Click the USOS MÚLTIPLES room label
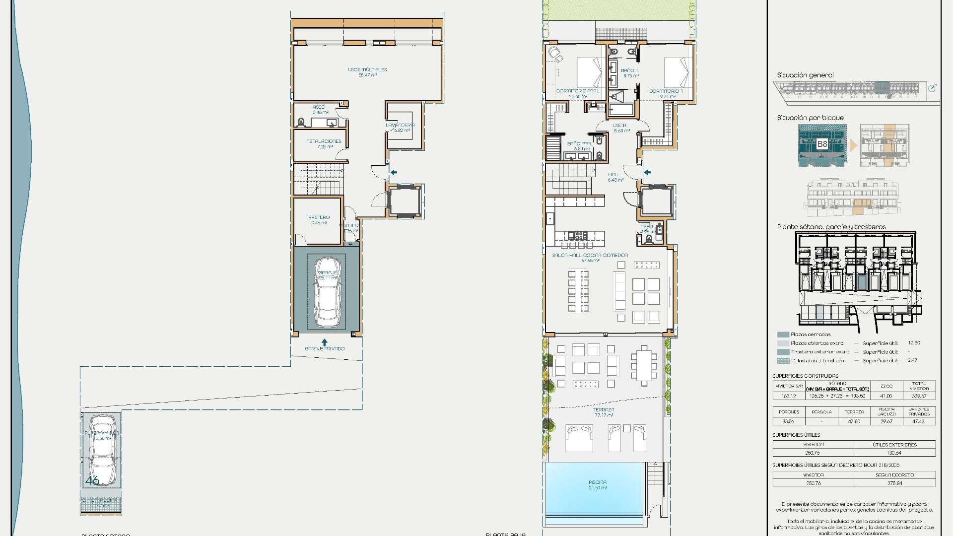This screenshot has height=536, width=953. (367, 70)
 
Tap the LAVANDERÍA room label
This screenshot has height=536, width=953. (400, 126)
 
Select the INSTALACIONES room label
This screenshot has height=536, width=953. (323, 141)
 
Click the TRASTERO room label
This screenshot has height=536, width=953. (318, 217)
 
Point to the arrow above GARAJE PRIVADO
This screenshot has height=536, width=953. (325, 342)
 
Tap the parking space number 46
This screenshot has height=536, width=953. (92, 480)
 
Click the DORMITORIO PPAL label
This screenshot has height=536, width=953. (577, 91)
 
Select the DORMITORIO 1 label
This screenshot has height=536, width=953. (666, 91)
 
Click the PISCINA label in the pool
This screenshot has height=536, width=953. (597, 482)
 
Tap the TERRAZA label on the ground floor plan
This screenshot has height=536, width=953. (604, 410)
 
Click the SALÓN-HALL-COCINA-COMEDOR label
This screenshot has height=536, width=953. (590, 256)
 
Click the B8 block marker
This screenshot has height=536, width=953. (822, 144)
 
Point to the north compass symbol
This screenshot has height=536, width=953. (932, 88)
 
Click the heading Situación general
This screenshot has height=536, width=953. (805, 75)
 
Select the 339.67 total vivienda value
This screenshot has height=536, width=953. (919, 396)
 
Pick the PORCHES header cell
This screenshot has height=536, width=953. (789, 412)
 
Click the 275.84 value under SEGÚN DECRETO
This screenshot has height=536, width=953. (894, 483)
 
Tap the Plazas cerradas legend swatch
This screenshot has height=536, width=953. (783, 335)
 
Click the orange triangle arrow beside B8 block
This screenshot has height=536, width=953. (853, 145)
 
